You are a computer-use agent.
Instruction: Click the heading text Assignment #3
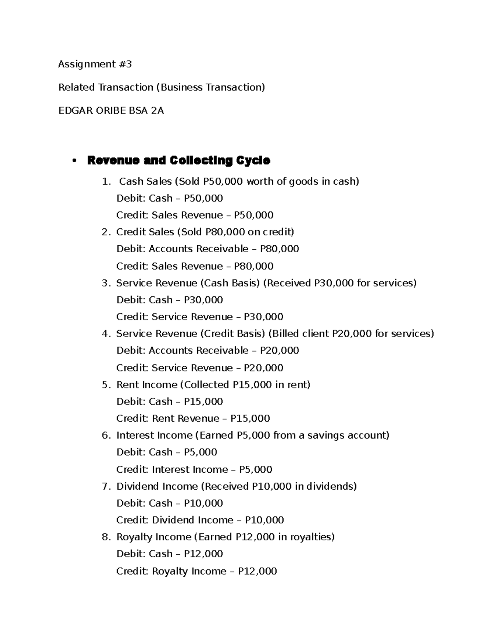point(95,64)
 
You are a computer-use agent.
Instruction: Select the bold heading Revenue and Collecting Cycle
point(178,160)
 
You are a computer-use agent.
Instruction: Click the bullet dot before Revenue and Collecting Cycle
point(74,161)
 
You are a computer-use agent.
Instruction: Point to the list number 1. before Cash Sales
point(106,181)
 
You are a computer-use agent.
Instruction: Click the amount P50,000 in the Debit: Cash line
point(203,198)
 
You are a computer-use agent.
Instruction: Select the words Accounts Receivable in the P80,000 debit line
point(198,249)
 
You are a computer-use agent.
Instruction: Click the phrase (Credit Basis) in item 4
point(233,334)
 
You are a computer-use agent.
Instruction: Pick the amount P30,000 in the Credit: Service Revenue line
point(263,317)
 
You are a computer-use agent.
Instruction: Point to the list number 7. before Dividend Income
point(106,486)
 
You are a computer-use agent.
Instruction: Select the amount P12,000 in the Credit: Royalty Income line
point(257,571)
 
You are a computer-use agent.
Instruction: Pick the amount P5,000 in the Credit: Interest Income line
point(256,469)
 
